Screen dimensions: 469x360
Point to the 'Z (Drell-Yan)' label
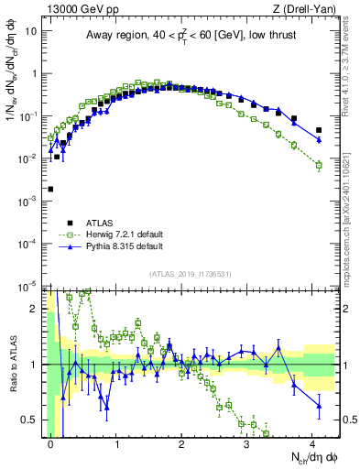tap(307, 9)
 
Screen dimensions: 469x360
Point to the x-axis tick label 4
tap(311, 442)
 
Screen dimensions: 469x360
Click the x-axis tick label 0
tap(50, 442)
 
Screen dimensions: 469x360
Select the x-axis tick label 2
tap(181, 442)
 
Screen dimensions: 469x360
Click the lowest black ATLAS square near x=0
tap(50, 189)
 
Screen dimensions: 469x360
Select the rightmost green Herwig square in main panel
tap(319, 166)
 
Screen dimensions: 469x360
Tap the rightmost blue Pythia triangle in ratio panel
tap(319, 405)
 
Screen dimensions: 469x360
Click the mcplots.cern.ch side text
tap(351, 238)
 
